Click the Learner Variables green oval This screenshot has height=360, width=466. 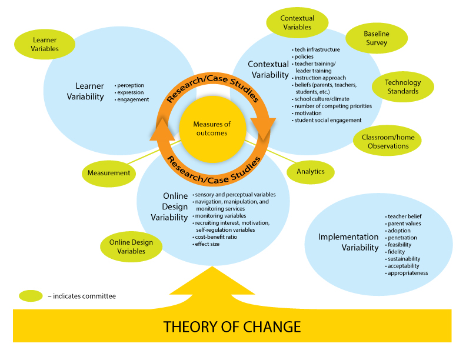coord(45,45)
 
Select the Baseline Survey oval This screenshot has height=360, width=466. coord(376,38)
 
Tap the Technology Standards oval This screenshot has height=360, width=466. coord(403,87)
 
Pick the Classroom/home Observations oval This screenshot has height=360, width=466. coord(388,142)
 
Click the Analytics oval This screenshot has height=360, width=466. coord(311,172)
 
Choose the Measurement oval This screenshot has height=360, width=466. coord(108,173)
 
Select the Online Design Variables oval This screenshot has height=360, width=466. coord(131,247)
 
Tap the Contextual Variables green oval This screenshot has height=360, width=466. coord(297,22)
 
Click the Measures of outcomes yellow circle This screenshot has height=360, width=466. coord(212,128)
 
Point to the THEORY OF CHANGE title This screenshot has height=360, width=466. coord(232,326)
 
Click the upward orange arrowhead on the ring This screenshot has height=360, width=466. coord(164,129)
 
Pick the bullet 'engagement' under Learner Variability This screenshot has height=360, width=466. coord(134,100)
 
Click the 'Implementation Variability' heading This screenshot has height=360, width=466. coord(348,242)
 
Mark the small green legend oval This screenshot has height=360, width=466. coord(31,295)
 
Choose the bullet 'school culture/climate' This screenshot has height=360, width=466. coord(325,99)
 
